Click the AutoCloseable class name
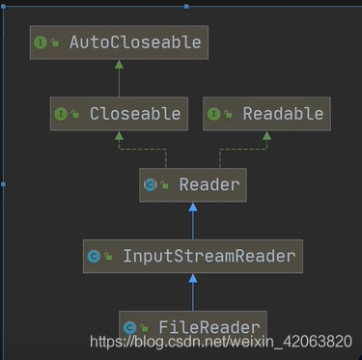135,42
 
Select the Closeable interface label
135,114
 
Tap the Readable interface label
283,114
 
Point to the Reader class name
209,185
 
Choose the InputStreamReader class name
209,257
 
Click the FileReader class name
209,327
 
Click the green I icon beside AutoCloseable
41,42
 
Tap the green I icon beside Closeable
61,114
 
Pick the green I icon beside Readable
214,114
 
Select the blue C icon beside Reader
150,185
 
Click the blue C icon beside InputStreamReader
94,257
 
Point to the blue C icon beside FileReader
129,328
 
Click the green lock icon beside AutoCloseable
55,42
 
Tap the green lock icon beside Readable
228,114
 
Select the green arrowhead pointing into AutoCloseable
119,65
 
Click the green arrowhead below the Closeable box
119,136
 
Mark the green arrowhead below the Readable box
266,136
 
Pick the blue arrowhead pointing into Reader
193,208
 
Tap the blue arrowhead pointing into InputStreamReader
193,279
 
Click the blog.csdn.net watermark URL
221,342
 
